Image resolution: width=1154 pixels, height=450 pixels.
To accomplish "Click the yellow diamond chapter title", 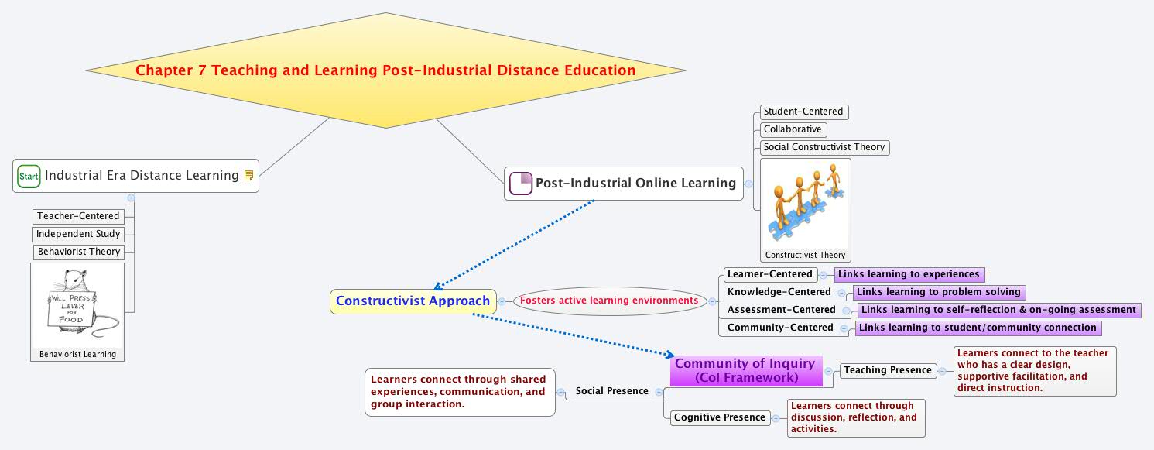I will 385,70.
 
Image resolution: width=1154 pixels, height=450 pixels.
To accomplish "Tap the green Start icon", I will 29,177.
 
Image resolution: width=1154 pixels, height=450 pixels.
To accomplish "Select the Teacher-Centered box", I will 78,216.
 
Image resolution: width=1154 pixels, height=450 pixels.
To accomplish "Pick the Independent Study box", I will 78,234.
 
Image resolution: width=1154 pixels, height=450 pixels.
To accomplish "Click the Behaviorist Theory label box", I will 79,252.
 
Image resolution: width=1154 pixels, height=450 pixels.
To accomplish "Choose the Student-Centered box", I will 803,112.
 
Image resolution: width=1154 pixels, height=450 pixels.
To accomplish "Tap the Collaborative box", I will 793,129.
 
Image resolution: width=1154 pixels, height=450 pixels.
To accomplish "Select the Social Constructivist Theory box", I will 824,147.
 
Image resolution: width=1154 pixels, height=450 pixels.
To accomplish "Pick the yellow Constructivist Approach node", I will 413,301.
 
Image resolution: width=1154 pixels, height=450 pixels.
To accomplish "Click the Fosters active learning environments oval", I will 609,301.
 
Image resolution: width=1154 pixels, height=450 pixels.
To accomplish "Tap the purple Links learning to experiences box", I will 909,274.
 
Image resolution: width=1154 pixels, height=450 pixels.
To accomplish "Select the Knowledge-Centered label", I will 779,292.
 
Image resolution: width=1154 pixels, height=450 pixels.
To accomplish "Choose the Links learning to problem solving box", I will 940,292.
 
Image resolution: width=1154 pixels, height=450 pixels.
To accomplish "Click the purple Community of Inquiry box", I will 745,370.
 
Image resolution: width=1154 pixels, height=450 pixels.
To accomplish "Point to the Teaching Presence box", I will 888,370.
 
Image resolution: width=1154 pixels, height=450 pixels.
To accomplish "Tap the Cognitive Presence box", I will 720,417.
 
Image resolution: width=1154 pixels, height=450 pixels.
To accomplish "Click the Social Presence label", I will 611,391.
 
